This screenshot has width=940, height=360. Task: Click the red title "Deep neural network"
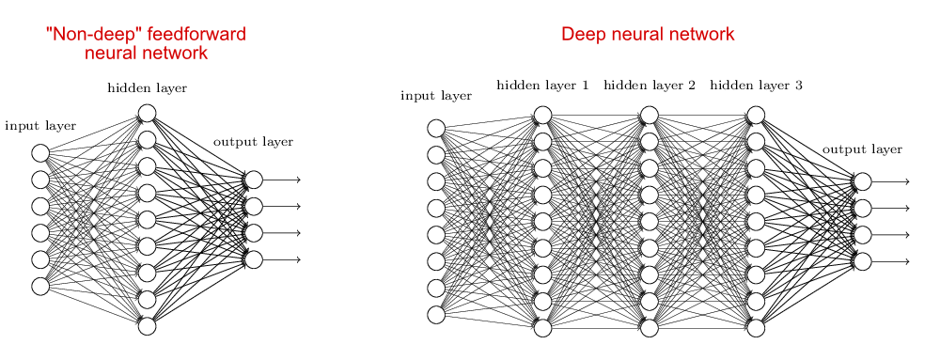click(x=648, y=35)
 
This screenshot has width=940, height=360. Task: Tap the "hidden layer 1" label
click(x=542, y=86)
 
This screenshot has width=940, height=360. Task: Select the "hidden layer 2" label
click(x=649, y=86)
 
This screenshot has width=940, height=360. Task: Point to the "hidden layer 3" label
click(x=756, y=86)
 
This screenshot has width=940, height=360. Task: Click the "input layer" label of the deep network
click(x=435, y=96)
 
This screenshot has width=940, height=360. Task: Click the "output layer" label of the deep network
click(x=862, y=149)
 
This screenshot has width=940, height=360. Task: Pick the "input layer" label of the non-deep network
click(x=40, y=126)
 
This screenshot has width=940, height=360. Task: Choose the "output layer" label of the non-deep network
click(x=253, y=142)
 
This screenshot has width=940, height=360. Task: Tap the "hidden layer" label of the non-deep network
click(x=147, y=88)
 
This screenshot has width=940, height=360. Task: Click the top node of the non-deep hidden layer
click(x=147, y=114)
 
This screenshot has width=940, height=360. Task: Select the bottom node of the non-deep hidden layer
click(x=147, y=326)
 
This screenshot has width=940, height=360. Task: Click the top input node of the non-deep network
click(x=40, y=152)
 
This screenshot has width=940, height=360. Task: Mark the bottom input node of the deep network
click(x=436, y=314)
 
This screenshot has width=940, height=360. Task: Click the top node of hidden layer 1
click(x=542, y=116)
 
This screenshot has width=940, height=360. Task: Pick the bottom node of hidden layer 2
click(x=649, y=328)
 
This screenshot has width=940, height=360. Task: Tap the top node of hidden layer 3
click(x=756, y=116)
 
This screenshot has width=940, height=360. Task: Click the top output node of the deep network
click(x=862, y=181)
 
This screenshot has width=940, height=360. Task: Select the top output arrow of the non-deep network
click(x=282, y=180)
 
